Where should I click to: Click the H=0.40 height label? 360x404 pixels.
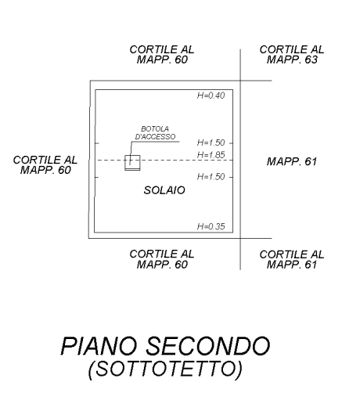click(211, 96)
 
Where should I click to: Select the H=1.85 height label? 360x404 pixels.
click(211, 155)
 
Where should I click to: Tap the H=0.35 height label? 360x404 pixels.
click(211, 226)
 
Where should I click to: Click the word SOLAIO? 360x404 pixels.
click(164, 190)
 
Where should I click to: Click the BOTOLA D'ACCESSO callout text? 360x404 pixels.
click(155, 132)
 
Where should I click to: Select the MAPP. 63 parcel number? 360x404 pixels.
click(292, 60)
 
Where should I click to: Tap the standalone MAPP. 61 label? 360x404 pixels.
click(292, 161)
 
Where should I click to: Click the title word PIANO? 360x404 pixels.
click(99, 345)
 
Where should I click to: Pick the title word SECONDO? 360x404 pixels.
click(207, 345)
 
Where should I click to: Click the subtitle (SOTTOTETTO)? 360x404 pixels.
click(165, 369)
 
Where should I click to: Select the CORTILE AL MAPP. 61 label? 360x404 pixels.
click(292, 259)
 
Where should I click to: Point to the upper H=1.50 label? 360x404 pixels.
click(211, 142)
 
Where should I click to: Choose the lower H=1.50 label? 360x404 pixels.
click(211, 177)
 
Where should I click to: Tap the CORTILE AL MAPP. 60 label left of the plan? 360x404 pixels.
click(45, 165)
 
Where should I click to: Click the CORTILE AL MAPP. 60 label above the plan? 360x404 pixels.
click(162, 55)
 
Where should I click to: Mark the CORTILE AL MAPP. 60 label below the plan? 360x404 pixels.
click(162, 259)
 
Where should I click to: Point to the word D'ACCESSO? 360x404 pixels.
click(155, 136)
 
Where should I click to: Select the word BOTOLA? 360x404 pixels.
click(155, 128)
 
